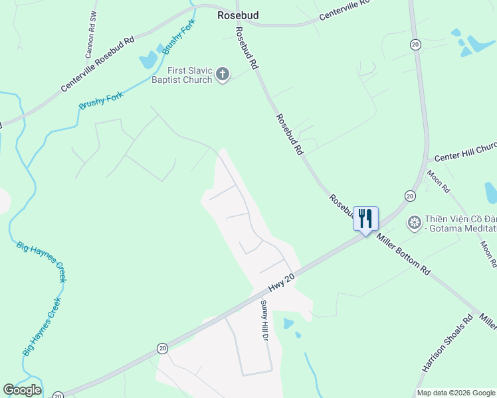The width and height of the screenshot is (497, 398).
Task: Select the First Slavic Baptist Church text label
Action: point(180,75)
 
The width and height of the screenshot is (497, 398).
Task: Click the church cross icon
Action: point(223,74)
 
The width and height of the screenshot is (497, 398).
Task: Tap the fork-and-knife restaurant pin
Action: point(365,219)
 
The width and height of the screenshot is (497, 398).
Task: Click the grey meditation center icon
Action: point(415,221)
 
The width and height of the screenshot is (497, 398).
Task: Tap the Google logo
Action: point(22,390)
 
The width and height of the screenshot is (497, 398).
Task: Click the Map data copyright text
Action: point(456,393)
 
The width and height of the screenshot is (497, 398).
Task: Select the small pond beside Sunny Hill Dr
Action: point(288,324)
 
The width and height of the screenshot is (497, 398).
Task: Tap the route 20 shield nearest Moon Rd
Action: point(410,196)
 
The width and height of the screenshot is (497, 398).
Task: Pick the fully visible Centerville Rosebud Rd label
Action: point(98,64)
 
